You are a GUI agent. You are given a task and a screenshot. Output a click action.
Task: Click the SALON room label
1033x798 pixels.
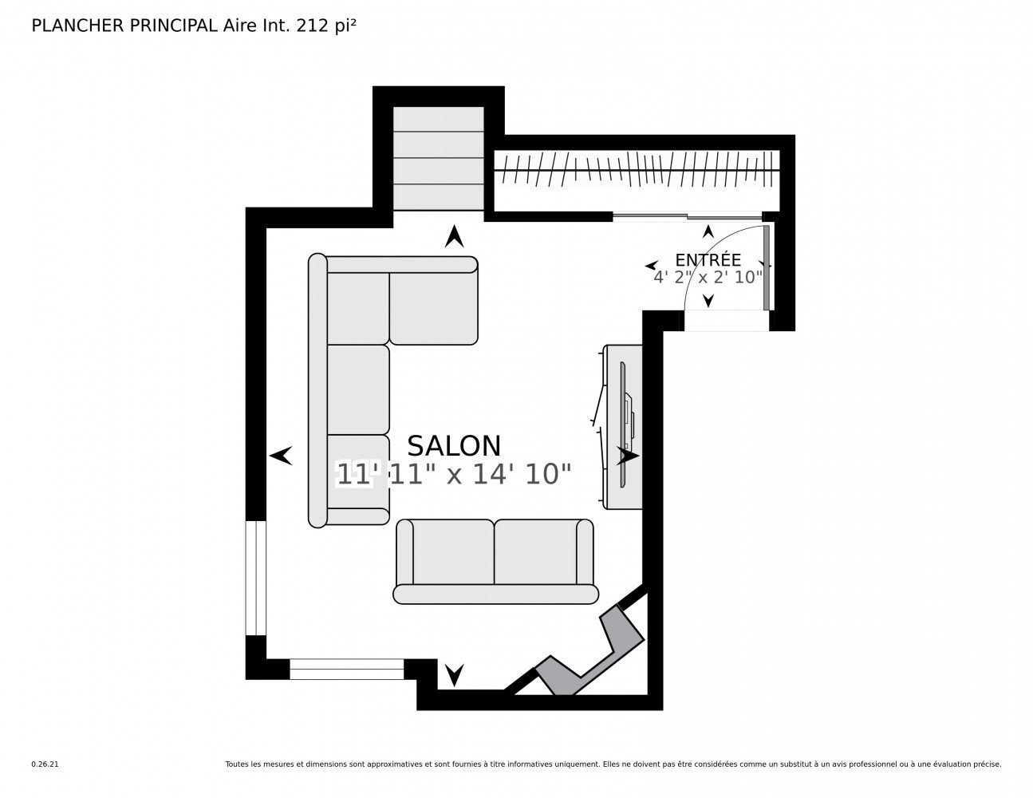point(454,445)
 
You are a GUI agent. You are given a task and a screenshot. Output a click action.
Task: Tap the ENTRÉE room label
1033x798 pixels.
point(708,260)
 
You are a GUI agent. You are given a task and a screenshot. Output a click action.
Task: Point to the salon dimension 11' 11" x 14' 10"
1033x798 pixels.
point(454,474)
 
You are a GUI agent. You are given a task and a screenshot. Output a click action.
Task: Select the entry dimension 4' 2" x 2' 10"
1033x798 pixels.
point(708,277)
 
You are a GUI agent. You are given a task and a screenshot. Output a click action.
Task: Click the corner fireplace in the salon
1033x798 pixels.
point(590,651)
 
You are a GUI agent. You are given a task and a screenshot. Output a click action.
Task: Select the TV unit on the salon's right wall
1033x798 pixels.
point(623,426)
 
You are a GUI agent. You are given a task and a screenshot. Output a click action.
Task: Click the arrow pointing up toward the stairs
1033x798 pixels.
point(455,236)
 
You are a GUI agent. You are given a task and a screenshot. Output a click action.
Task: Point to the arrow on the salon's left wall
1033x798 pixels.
point(281,456)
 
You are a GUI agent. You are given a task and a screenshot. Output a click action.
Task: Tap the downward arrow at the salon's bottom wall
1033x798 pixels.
point(455,674)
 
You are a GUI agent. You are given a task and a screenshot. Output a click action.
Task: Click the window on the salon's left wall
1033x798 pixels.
point(256,578)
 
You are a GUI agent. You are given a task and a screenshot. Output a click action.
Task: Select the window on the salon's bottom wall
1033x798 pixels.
point(347,669)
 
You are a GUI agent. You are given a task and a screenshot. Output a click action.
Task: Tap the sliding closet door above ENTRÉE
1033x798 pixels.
point(687,216)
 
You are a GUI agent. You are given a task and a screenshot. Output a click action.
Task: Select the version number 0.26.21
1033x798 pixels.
point(45,764)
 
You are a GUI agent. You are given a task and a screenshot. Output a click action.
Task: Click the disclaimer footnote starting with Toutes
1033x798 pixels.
point(613,764)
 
